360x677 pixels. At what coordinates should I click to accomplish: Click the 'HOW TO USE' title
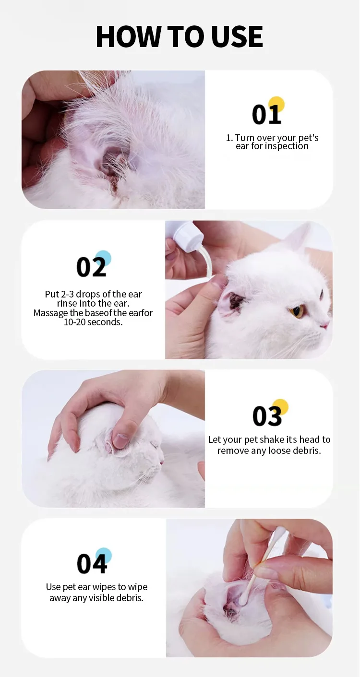pyautogui.click(x=180, y=36)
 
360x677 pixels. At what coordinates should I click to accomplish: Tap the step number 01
pyautogui.click(x=266, y=115)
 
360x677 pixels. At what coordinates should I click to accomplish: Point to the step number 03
pyautogui.click(x=267, y=416)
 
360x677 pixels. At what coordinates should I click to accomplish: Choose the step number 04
pyautogui.click(x=91, y=564)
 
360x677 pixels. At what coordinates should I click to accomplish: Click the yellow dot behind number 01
pyautogui.click(x=276, y=104)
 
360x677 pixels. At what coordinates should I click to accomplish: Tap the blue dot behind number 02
pyautogui.click(x=103, y=258)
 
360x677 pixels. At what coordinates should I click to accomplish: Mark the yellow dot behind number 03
pyautogui.click(x=280, y=407)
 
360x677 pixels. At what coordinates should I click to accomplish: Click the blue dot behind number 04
pyautogui.click(x=103, y=556)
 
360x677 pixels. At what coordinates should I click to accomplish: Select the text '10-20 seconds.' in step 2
pyautogui.click(x=93, y=322)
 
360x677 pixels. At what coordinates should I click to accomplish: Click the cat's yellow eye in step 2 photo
pyautogui.click(x=297, y=312)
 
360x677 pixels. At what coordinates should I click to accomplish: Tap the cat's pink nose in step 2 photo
pyautogui.click(x=325, y=325)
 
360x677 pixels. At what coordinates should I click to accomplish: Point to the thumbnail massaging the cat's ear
pyautogui.click(x=120, y=440)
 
